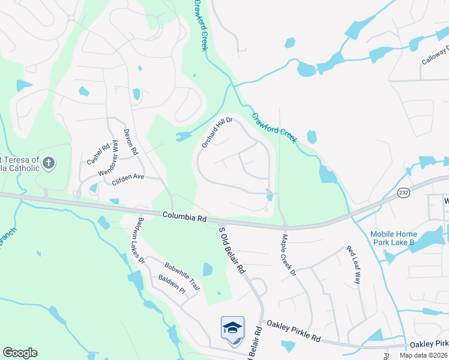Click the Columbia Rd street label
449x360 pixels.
[x=184, y=215]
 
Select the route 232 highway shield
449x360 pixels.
[x=403, y=192]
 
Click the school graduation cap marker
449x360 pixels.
[x=232, y=328]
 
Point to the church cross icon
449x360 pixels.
[x=49, y=162]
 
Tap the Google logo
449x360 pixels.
[x=20, y=353]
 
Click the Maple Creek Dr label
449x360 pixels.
[x=288, y=254]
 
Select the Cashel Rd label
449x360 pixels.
[x=97, y=154]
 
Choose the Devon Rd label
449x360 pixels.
[x=131, y=142]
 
